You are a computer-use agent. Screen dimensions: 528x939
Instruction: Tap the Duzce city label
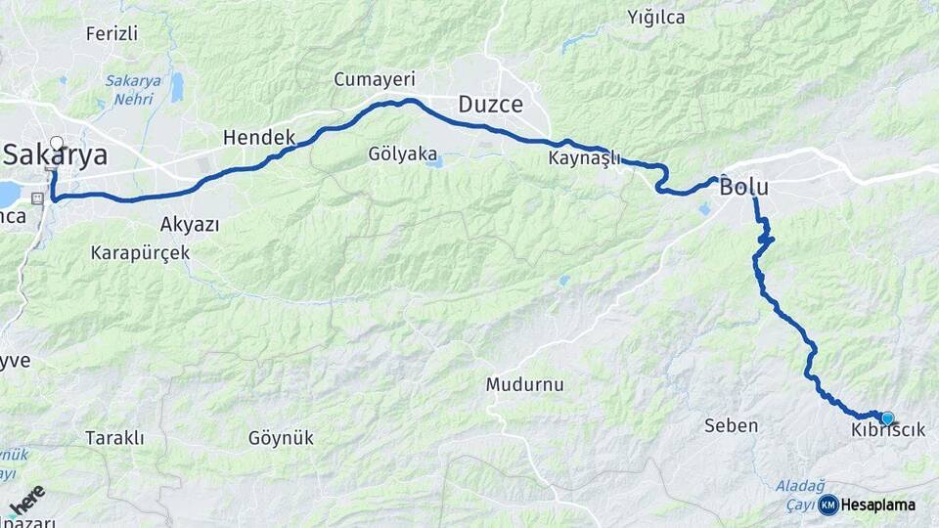pyautogui.click(x=490, y=105)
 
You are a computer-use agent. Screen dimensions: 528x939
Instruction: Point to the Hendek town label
pyautogui.click(x=259, y=138)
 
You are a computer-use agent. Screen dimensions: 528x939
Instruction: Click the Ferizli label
pyautogui.click(x=112, y=33)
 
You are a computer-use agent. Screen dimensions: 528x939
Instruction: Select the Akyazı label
pyautogui.click(x=189, y=223)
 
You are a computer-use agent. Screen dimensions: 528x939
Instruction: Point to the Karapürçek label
pyautogui.click(x=140, y=252)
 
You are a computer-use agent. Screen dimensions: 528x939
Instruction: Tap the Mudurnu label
pyautogui.click(x=524, y=384)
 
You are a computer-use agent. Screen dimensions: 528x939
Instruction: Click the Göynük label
pyautogui.click(x=281, y=438)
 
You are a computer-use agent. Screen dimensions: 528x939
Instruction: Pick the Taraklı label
pyautogui.click(x=114, y=438)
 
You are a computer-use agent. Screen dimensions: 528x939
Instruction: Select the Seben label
pyautogui.click(x=731, y=425)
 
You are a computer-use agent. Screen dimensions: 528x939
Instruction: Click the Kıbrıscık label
pyautogui.click(x=887, y=431)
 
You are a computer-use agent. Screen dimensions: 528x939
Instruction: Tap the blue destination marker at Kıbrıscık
pyautogui.click(x=887, y=418)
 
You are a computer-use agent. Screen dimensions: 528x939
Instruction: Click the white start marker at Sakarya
pyautogui.click(x=56, y=143)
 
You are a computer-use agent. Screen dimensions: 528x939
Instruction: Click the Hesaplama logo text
pyautogui.click(x=877, y=506)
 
